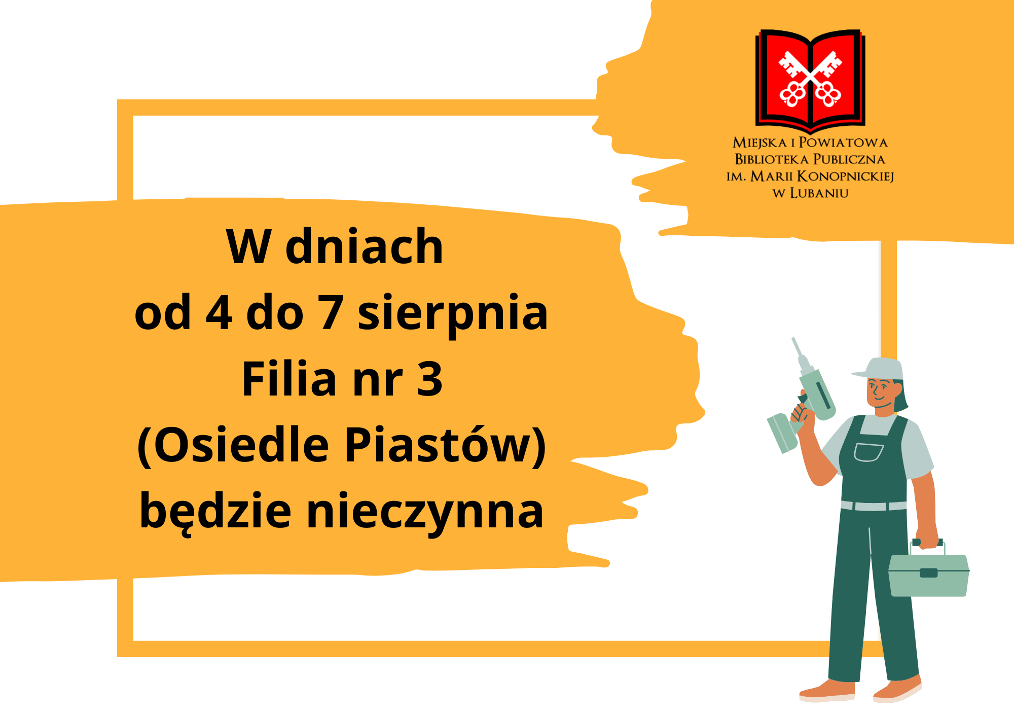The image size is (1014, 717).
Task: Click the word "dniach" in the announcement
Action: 364,246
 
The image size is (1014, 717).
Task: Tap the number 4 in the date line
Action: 219,313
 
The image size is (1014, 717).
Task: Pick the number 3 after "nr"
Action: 429,379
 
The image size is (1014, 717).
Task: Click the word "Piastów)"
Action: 445,445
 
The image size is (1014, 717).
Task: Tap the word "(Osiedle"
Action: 233,445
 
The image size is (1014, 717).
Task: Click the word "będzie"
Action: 215,511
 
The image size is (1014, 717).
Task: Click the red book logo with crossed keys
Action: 810,79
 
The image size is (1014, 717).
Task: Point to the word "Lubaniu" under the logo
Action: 819,193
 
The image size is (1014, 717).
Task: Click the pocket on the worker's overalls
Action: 868,452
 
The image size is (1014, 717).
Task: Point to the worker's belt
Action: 874,506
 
